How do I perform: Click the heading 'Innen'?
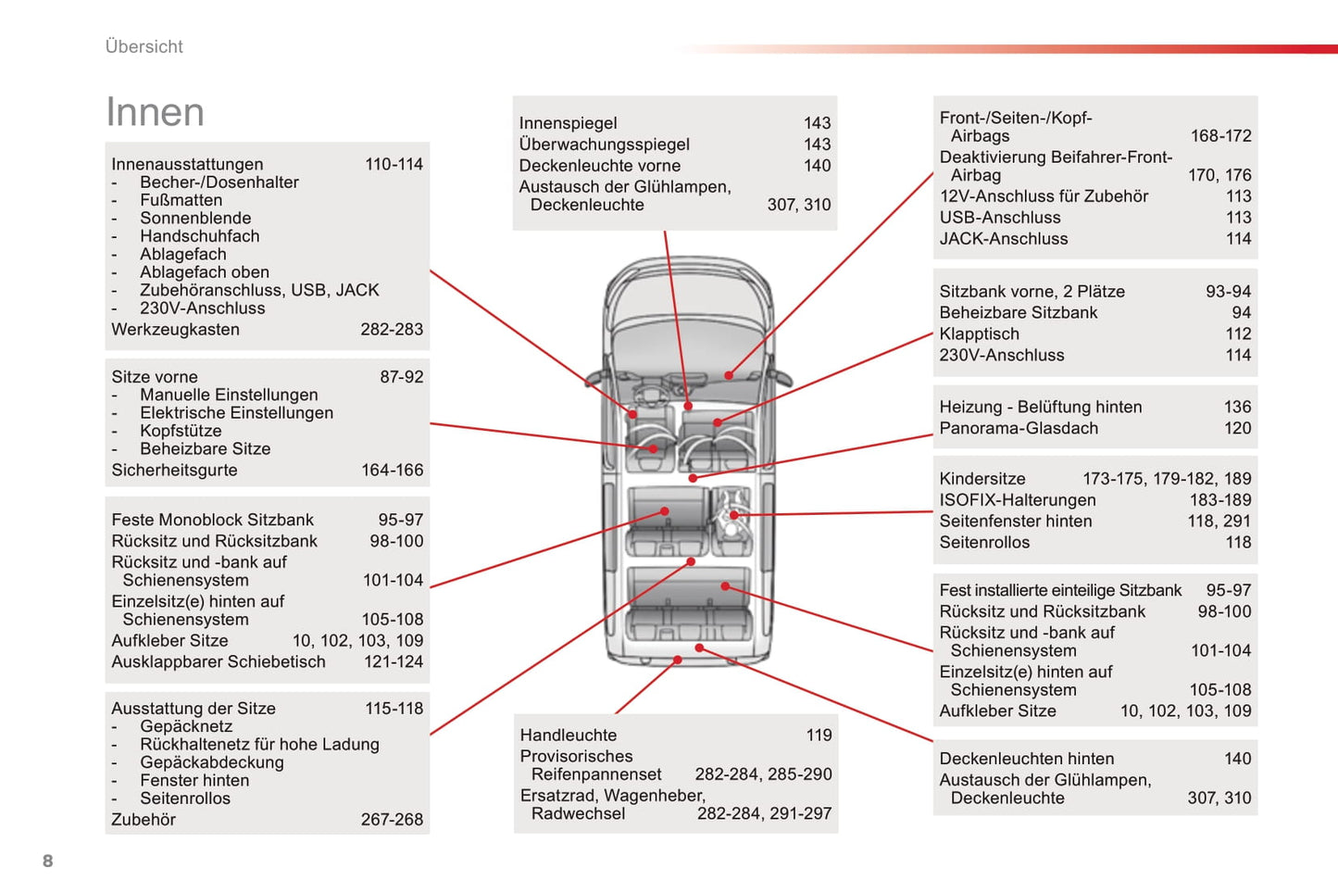pyautogui.click(x=155, y=112)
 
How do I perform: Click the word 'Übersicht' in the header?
pyautogui.click(x=144, y=46)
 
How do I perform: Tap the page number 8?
pyautogui.click(x=48, y=861)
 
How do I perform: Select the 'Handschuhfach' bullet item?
pyautogui.click(x=199, y=236)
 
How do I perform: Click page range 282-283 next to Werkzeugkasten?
pyautogui.click(x=392, y=329)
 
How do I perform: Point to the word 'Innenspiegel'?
pyautogui.click(x=568, y=123)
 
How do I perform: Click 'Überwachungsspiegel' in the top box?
pyautogui.click(x=604, y=145)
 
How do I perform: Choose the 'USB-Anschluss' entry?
pyautogui.click(x=1000, y=218)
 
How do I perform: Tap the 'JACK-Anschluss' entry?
pyautogui.click(x=1004, y=239)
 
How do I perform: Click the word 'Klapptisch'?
pyautogui.click(x=979, y=334)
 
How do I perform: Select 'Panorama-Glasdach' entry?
pyautogui.click(x=1019, y=428)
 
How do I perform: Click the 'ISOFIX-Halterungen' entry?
pyautogui.click(x=1018, y=500)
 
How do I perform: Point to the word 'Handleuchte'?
pyautogui.click(x=568, y=736)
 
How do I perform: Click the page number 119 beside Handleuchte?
pyautogui.click(x=819, y=736)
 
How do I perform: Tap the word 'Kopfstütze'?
pyautogui.click(x=181, y=431)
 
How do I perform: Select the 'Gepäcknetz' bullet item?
pyautogui.click(x=186, y=726)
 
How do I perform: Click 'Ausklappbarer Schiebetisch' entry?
pyautogui.click(x=219, y=661)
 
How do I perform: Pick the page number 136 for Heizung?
pyautogui.click(x=1237, y=407)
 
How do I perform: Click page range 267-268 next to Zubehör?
pyautogui.click(x=392, y=820)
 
